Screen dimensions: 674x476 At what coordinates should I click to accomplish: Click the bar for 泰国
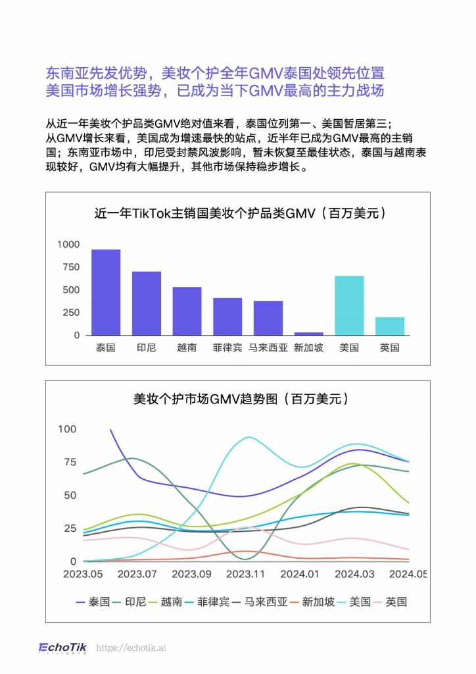[x=105, y=292]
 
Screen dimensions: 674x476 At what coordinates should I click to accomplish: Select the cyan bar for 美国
[x=349, y=305]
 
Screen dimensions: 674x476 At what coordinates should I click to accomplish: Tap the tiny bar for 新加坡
[x=308, y=334]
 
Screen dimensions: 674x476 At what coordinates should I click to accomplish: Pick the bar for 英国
[x=390, y=326]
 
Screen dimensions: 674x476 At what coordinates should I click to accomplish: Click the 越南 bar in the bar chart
[x=187, y=311]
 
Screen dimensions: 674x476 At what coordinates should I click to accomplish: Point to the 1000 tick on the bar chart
[x=68, y=244]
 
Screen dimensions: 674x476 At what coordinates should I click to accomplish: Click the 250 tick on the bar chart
[x=71, y=313]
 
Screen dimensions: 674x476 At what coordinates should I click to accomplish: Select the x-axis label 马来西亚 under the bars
[x=268, y=348]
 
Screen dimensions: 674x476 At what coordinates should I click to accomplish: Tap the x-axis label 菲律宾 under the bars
[x=227, y=348]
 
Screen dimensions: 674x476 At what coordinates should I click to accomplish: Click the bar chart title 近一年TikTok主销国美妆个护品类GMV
[x=237, y=213]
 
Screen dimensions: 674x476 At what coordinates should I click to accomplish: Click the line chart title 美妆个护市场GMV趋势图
[x=237, y=399]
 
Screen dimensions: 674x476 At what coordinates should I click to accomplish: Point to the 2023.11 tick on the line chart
[x=245, y=574]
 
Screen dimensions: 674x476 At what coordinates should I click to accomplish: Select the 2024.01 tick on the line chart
[x=300, y=574]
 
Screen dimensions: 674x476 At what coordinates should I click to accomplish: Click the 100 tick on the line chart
[x=68, y=429]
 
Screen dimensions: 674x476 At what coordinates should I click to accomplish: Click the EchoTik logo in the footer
[x=62, y=648]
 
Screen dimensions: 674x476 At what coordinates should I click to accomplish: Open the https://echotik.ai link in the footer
[x=131, y=648]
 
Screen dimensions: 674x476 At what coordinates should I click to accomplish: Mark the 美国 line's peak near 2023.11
[x=248, y=437]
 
